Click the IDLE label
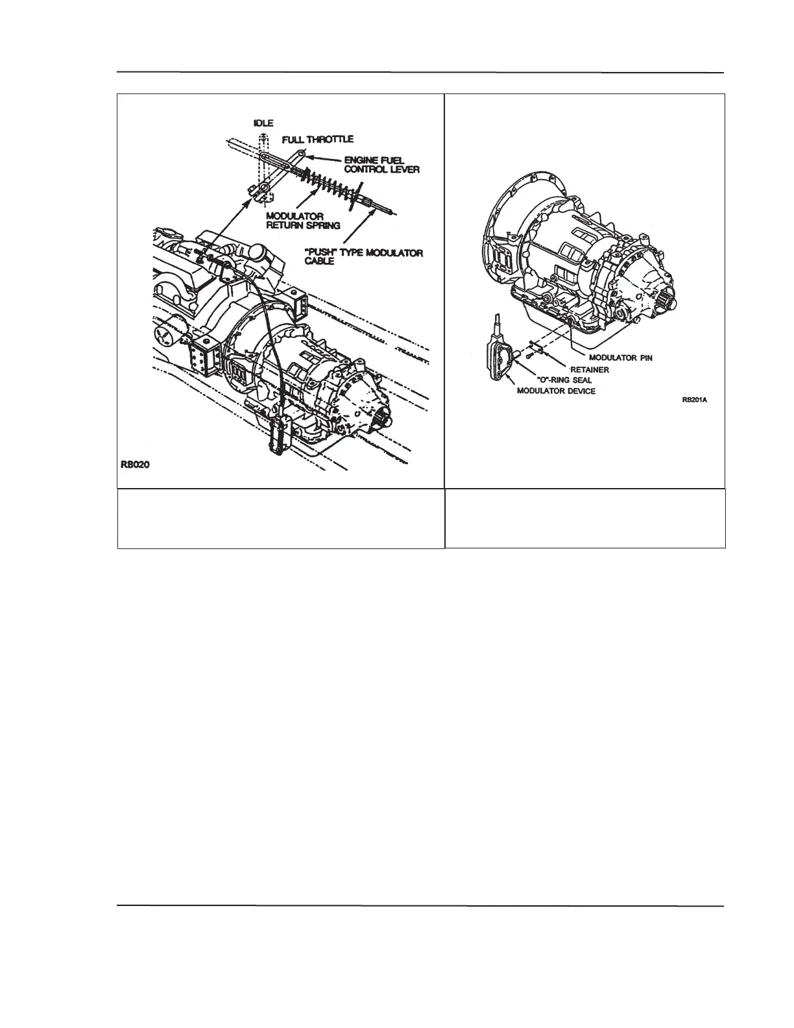[264, 121]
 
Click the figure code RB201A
[693, 400]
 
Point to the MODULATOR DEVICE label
[555, 391]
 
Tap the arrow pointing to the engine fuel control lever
[322, 159]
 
